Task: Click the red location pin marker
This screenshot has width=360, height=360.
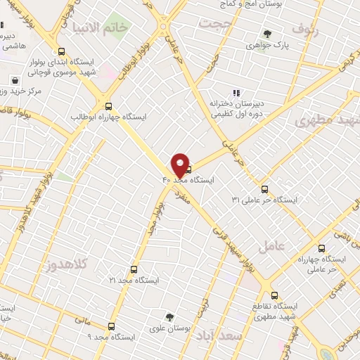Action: (x=180, y=165)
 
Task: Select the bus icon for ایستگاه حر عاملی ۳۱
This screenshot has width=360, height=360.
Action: (x=264, y=188)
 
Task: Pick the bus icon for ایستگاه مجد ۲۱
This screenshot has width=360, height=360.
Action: (x=134, y=269)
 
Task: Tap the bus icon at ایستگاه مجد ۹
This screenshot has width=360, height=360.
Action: (x=112, y=326)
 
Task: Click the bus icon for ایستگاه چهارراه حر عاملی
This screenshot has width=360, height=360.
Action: (x=321, y=248)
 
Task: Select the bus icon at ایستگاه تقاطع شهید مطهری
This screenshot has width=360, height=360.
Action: (x=274, y=296)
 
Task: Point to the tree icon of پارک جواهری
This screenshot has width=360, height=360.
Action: (x=267, y=33)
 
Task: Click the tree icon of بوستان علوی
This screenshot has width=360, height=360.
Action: (x=169, y=317)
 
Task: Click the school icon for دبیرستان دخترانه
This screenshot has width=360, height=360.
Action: (x=236, y=93)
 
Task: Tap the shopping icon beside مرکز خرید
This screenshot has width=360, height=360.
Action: (x=14, y=79)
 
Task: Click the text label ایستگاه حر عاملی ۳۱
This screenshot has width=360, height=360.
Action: (x=264, y=200)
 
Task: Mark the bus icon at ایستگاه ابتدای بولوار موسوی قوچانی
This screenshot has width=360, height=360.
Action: (x=62, y=51)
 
